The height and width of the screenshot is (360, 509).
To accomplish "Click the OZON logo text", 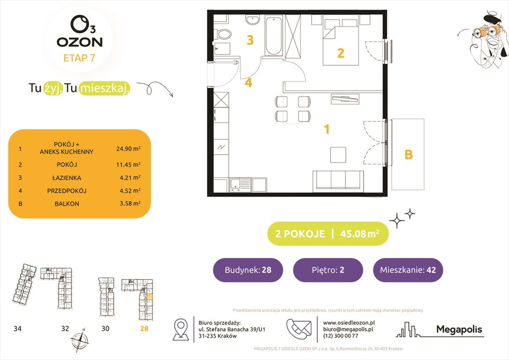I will [79, 42].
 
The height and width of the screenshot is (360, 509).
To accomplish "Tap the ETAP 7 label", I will [79, 59].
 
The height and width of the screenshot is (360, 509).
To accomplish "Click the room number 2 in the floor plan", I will [341, 53].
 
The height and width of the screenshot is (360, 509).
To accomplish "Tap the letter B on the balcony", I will [408, 154].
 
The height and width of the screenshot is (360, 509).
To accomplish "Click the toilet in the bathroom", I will [224, 34].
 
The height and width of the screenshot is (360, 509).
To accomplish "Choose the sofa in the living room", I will [337, 181].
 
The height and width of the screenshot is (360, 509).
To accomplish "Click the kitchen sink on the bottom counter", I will [236, 184].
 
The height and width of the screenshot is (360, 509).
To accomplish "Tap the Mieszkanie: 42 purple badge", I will [408, 270].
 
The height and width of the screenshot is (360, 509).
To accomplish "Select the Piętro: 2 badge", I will [328, 270].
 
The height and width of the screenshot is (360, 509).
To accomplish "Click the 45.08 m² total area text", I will [359, 234].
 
